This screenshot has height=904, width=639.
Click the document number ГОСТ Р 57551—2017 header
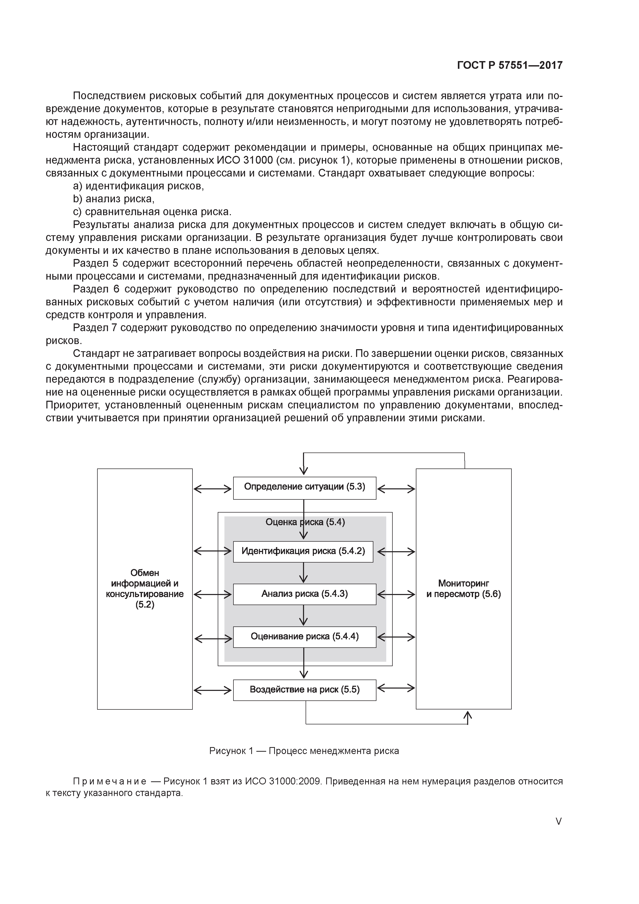pos(509,65)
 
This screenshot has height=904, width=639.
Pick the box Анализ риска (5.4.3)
pos(304,594)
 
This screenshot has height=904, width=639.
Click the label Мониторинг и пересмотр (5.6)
pos(463,589)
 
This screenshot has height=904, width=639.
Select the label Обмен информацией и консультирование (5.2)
pos(145,589)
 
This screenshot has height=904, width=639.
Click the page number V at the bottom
pos(558,821)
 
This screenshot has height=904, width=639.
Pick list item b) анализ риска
pos(114,199)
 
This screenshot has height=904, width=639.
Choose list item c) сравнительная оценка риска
pos(152,212)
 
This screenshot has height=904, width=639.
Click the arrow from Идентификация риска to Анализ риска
pos(303,573)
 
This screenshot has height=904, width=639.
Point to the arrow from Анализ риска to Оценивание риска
pos(303,615)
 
